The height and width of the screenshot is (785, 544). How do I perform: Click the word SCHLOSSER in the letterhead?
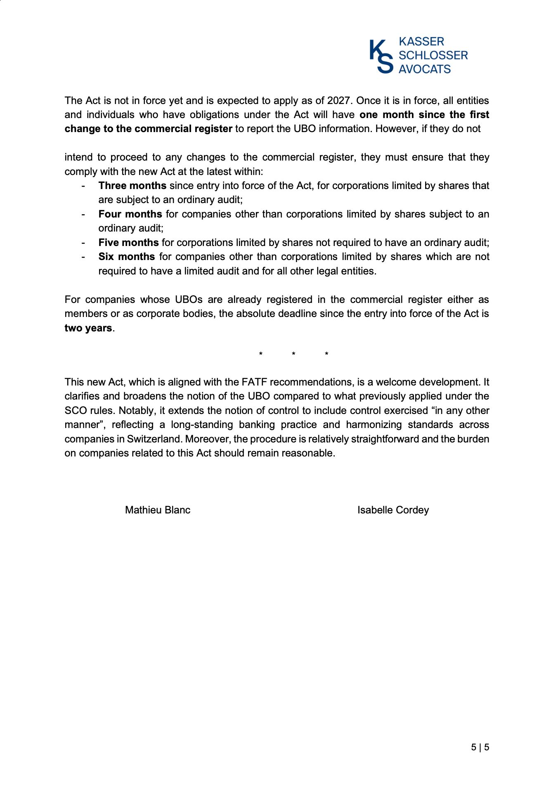click(x=433, y=55)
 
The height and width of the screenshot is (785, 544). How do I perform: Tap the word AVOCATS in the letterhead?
click(x=424, y=69)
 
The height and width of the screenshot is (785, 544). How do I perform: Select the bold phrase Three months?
click(x=132, y=186)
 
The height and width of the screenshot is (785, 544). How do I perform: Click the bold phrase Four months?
click(x=130, y=214)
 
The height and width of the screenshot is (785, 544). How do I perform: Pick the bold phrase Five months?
click(x=128, y=243)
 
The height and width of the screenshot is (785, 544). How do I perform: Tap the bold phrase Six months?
click(x=126, y=257)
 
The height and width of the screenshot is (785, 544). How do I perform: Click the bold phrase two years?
click(x=88, y=328)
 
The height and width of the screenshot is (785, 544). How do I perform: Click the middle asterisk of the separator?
click(x=293, y=354)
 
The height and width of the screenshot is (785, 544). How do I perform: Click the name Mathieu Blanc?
click(x=158, y=510)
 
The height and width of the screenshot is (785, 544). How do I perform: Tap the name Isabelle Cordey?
click(x=393, y=510)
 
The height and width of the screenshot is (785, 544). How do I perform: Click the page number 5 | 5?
click(x=480, y=747)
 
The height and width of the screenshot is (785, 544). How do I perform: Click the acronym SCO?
click(x=75, y=411)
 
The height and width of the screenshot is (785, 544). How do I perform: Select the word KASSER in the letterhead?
click(x=421, y=42)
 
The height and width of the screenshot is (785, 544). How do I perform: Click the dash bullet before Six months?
click(x=83, y=257)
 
